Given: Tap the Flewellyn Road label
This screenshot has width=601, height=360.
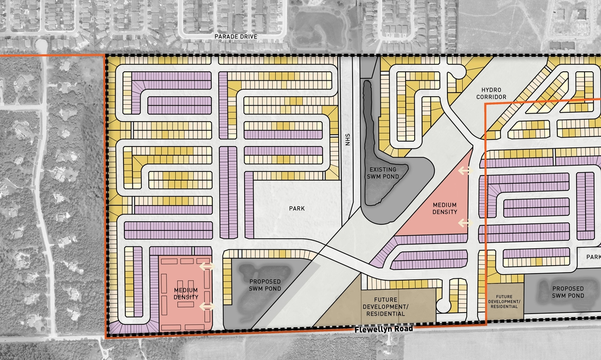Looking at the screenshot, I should click(x=384, y=329).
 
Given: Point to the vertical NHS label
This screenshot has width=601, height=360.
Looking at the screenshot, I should click(x=348, y=140).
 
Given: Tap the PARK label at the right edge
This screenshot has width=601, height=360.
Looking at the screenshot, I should click(x=593, y=257).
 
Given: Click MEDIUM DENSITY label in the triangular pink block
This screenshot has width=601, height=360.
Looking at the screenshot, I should click(x=445, y=208).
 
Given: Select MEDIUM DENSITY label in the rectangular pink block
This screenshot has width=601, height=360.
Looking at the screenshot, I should click(x=186, y=294).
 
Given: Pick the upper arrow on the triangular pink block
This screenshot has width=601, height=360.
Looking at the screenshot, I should click(x=465, y=171).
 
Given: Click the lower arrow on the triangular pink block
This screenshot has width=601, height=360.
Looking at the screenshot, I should click(x=465, y=223).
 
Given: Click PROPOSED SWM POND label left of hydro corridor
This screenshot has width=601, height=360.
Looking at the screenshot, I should click(x=262, y=285).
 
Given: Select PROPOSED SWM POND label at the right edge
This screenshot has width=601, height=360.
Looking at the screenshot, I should click(x=568, y=292).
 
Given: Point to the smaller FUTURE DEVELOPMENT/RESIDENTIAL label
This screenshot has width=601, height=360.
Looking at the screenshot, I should click(x=505, y=301).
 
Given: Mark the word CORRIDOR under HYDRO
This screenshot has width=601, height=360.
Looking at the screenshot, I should click(x=491, y=97).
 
